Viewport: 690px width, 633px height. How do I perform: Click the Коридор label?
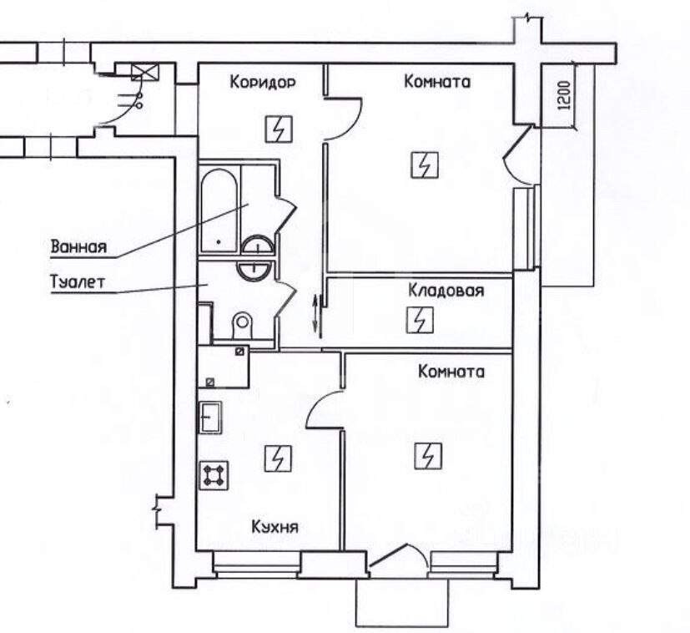pos(263,83)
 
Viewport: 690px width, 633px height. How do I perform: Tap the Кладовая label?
pos(446,291)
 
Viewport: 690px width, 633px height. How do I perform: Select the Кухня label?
pos(275,527)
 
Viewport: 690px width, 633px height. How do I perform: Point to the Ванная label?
pos(79,246)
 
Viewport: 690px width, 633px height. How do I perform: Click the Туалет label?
pos(78,282)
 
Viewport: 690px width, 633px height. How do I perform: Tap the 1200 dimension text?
pos(564,95)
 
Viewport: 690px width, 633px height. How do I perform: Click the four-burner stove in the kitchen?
pos(214,475)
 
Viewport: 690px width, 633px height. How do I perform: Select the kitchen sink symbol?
pos(211,418)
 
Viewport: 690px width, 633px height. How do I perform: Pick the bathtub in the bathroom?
pos(219,210)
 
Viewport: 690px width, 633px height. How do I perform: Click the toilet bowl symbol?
pos(242,325)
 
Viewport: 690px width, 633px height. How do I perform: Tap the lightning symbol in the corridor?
pos(279,129)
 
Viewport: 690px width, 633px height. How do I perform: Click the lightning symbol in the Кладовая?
pos(420,320)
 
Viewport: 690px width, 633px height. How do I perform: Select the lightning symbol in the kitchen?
pos(278,458)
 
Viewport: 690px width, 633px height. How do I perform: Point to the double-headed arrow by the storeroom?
pos(315,314)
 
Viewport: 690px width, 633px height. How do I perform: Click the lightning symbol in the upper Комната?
pos(425,165)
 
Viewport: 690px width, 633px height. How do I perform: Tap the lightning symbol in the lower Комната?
pos(429,455)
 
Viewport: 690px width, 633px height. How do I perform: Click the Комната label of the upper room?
pos(437,82)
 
